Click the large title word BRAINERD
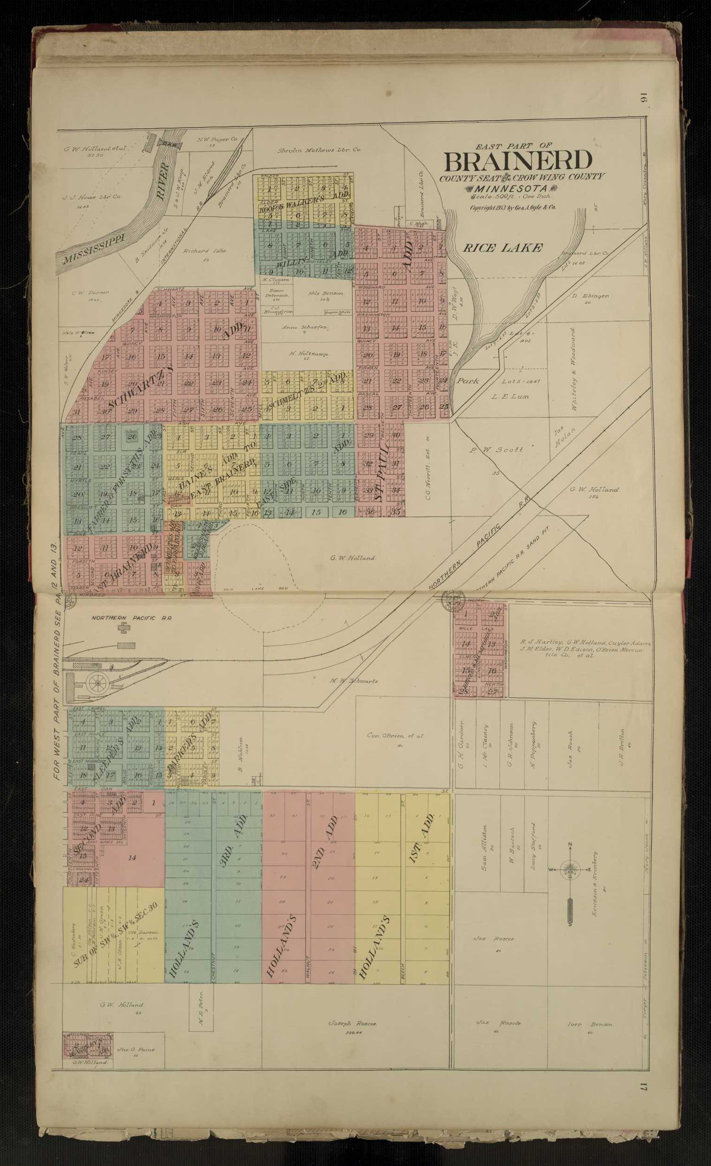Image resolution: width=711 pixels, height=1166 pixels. pos(517,161)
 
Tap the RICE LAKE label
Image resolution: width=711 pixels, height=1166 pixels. pos(502,248)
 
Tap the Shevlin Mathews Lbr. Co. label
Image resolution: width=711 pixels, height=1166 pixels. pos(319,150)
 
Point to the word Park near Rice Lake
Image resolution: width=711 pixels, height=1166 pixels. pos(467,381)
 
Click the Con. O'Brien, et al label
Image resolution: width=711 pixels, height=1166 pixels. pos(395,736)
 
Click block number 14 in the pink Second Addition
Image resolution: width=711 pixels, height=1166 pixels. pos(132,857)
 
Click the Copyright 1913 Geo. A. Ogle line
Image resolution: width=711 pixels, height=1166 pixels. pos(512,207)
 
